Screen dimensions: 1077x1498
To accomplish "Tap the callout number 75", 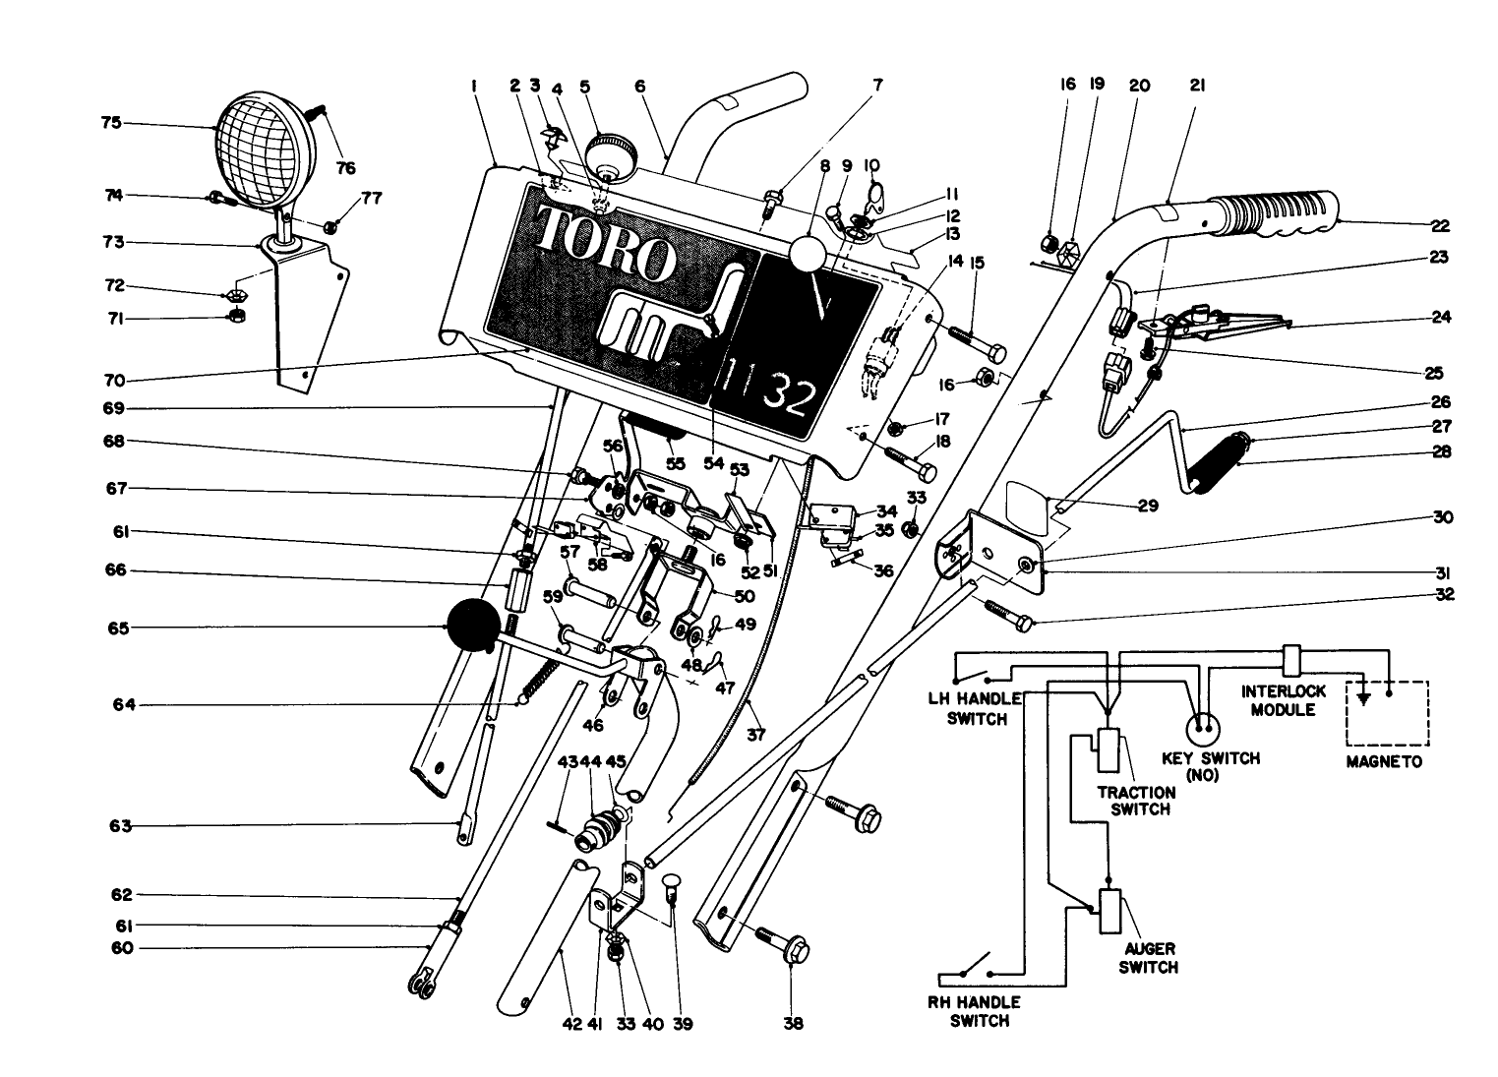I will coord(110,124).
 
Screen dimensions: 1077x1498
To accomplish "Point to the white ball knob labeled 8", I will coord(810,253).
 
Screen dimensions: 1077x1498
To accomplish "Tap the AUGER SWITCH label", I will coord(1148,959).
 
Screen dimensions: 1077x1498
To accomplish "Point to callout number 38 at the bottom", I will coord(793,1024).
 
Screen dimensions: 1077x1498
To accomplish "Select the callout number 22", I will coord(1439,225).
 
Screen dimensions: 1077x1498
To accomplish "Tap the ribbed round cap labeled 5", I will coord(610,154).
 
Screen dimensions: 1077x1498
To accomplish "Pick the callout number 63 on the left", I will coord(120,826).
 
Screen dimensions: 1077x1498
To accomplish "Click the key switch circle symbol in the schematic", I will coord(1201,729).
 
